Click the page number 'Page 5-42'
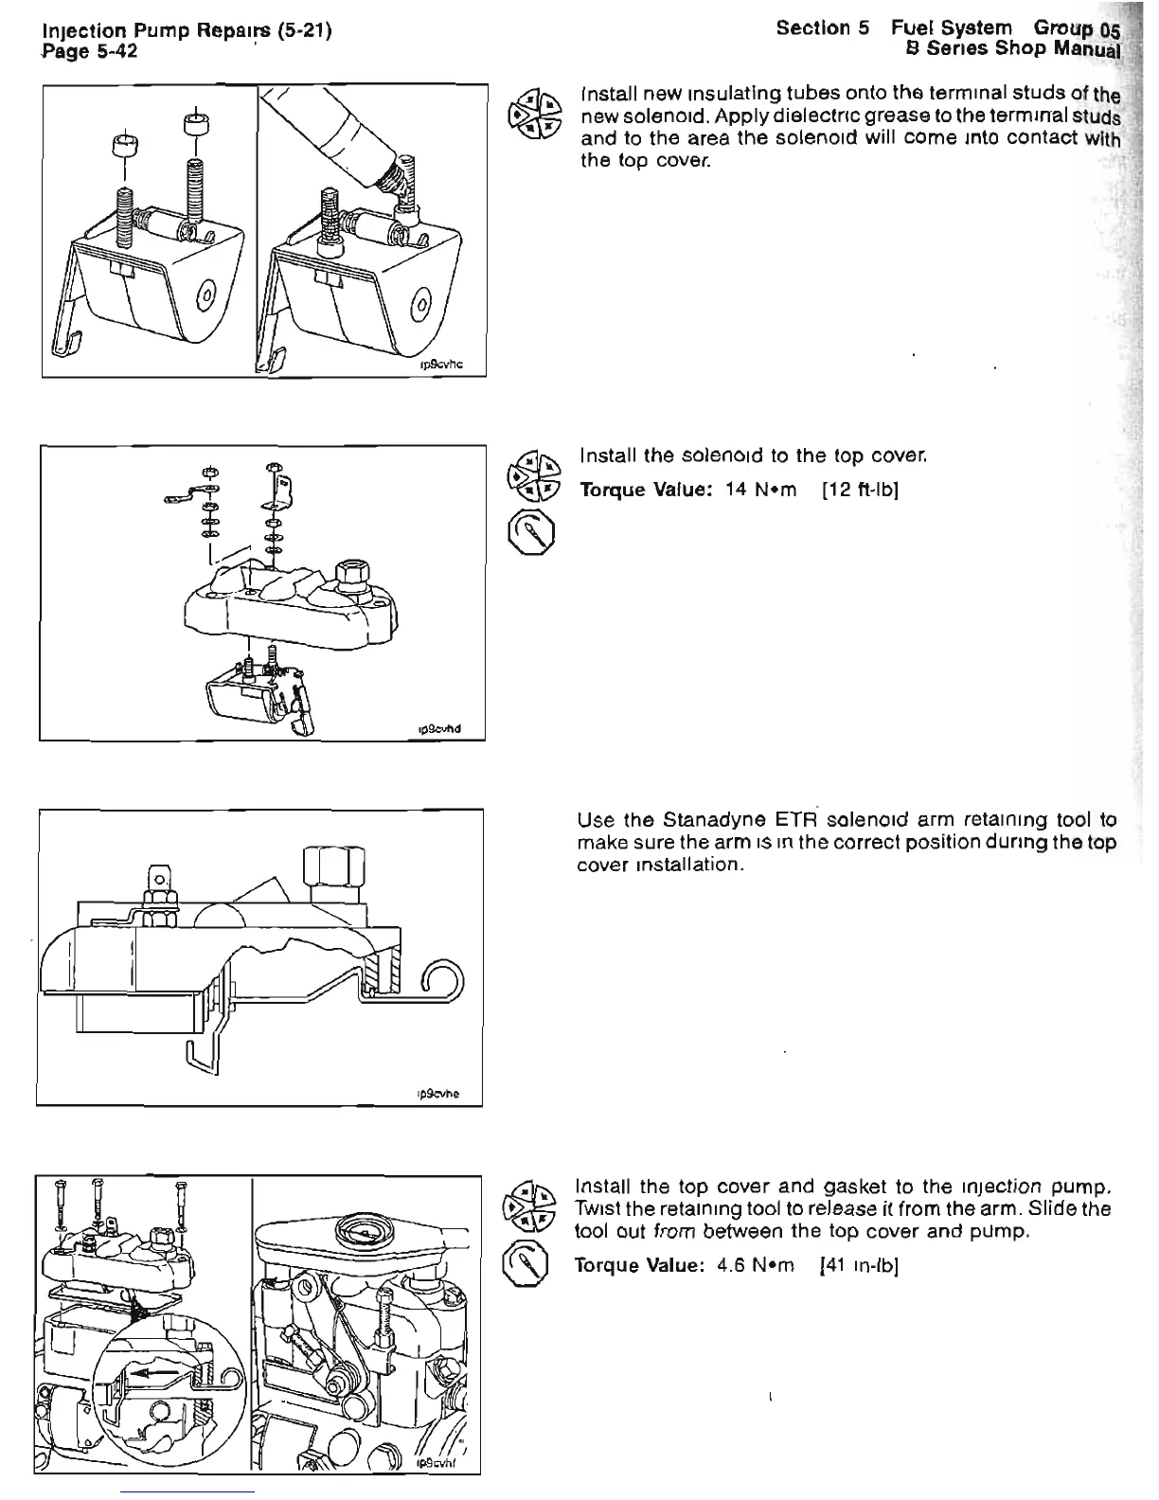point(91,51)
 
